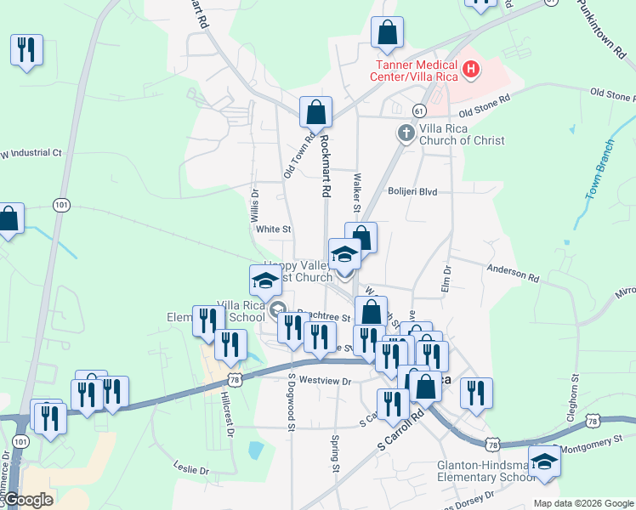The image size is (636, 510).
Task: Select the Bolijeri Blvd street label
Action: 412,192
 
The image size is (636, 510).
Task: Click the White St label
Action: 274,229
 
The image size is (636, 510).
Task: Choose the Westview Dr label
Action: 325,382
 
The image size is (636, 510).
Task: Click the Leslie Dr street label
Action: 190,469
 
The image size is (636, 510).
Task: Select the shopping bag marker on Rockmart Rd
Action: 315,111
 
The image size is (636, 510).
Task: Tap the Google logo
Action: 28,500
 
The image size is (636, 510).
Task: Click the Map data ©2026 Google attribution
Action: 582,503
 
